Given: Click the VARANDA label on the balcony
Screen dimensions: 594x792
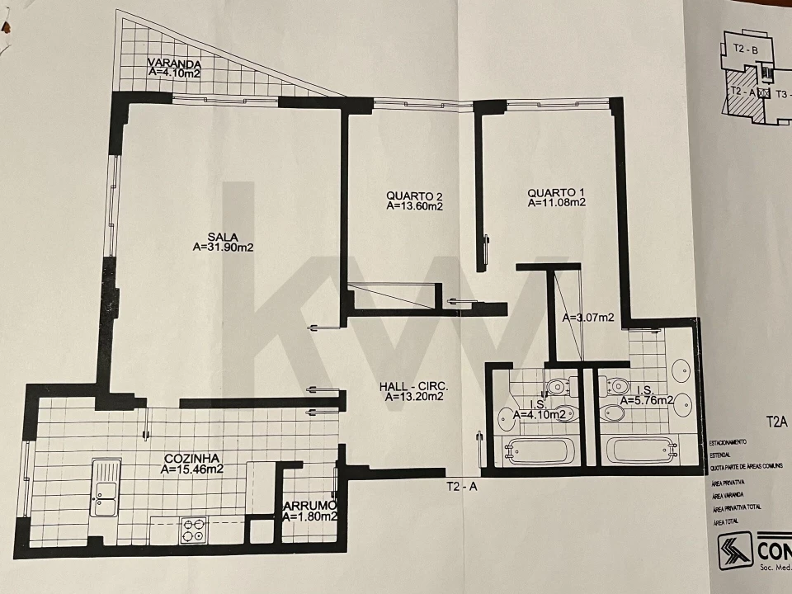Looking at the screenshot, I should click(172, 63).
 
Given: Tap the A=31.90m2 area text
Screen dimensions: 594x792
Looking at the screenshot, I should click(223, 247).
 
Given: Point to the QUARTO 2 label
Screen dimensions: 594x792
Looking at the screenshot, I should click(415, 196).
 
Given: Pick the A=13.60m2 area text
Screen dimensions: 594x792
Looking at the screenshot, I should click(415, 207).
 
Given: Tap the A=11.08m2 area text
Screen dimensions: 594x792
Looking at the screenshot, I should click(557, 203).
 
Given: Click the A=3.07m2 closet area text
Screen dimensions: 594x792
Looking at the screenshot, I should click(588, 318).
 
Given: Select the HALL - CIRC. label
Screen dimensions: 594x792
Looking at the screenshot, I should click(414, 386).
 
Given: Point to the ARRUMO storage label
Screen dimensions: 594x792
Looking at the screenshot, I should click(309, 506).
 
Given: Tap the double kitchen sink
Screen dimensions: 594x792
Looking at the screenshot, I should click(106, 488).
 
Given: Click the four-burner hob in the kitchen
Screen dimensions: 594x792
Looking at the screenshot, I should click(193, 529).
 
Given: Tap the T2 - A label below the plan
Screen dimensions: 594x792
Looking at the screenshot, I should click(462, 487).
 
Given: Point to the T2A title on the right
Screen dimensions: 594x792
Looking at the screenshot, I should click(777, 422).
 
